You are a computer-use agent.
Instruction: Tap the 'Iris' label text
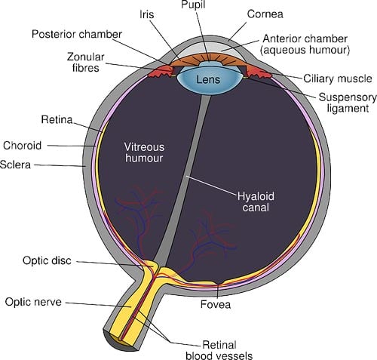(x=148, y=14)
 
